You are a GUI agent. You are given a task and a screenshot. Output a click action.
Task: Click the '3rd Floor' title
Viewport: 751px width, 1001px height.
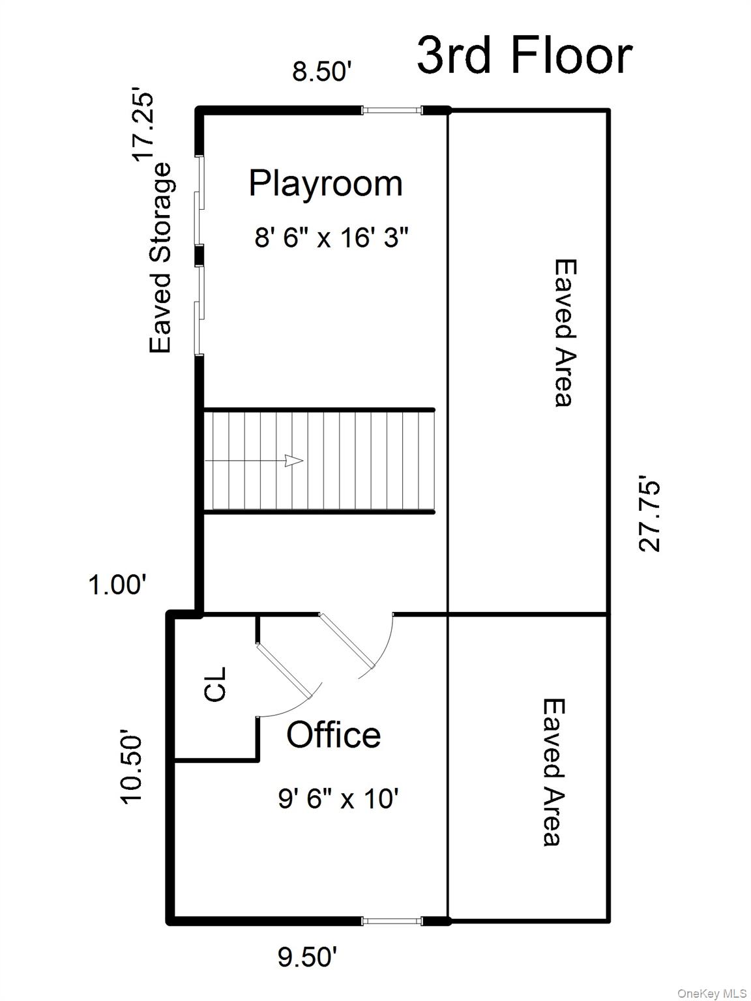point(524,55)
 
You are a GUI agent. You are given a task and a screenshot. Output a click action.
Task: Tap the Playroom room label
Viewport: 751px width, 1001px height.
point(325,183)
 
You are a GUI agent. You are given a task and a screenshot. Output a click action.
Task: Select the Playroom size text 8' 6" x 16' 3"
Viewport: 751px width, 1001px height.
point(331,237)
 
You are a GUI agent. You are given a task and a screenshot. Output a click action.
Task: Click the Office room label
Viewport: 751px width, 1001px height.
point(333,735)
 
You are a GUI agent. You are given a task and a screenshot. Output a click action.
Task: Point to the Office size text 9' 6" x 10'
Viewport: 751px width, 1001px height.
point(338,798)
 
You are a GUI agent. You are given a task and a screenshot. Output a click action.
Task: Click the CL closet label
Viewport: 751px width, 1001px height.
point(215,684)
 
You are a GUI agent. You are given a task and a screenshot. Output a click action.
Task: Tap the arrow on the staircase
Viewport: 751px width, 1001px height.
point(294,461)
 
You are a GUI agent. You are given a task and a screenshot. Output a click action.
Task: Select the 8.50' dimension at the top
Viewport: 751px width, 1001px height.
point(322,72)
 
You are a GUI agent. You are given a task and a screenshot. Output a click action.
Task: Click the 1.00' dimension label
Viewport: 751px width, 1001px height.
point(115,585)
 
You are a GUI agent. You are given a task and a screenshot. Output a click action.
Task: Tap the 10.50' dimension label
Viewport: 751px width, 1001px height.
point(132,769)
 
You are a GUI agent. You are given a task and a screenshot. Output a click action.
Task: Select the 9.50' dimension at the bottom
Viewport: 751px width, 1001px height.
point(308,957)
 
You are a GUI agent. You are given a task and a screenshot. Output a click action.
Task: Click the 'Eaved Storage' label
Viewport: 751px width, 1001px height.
point(161,258)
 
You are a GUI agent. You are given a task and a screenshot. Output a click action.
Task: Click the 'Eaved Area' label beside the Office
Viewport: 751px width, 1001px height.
point(553,772)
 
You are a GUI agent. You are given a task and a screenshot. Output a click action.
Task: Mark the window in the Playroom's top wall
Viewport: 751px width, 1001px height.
point(392,110)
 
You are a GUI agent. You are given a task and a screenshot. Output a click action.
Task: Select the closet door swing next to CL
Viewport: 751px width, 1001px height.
point(287,678)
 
